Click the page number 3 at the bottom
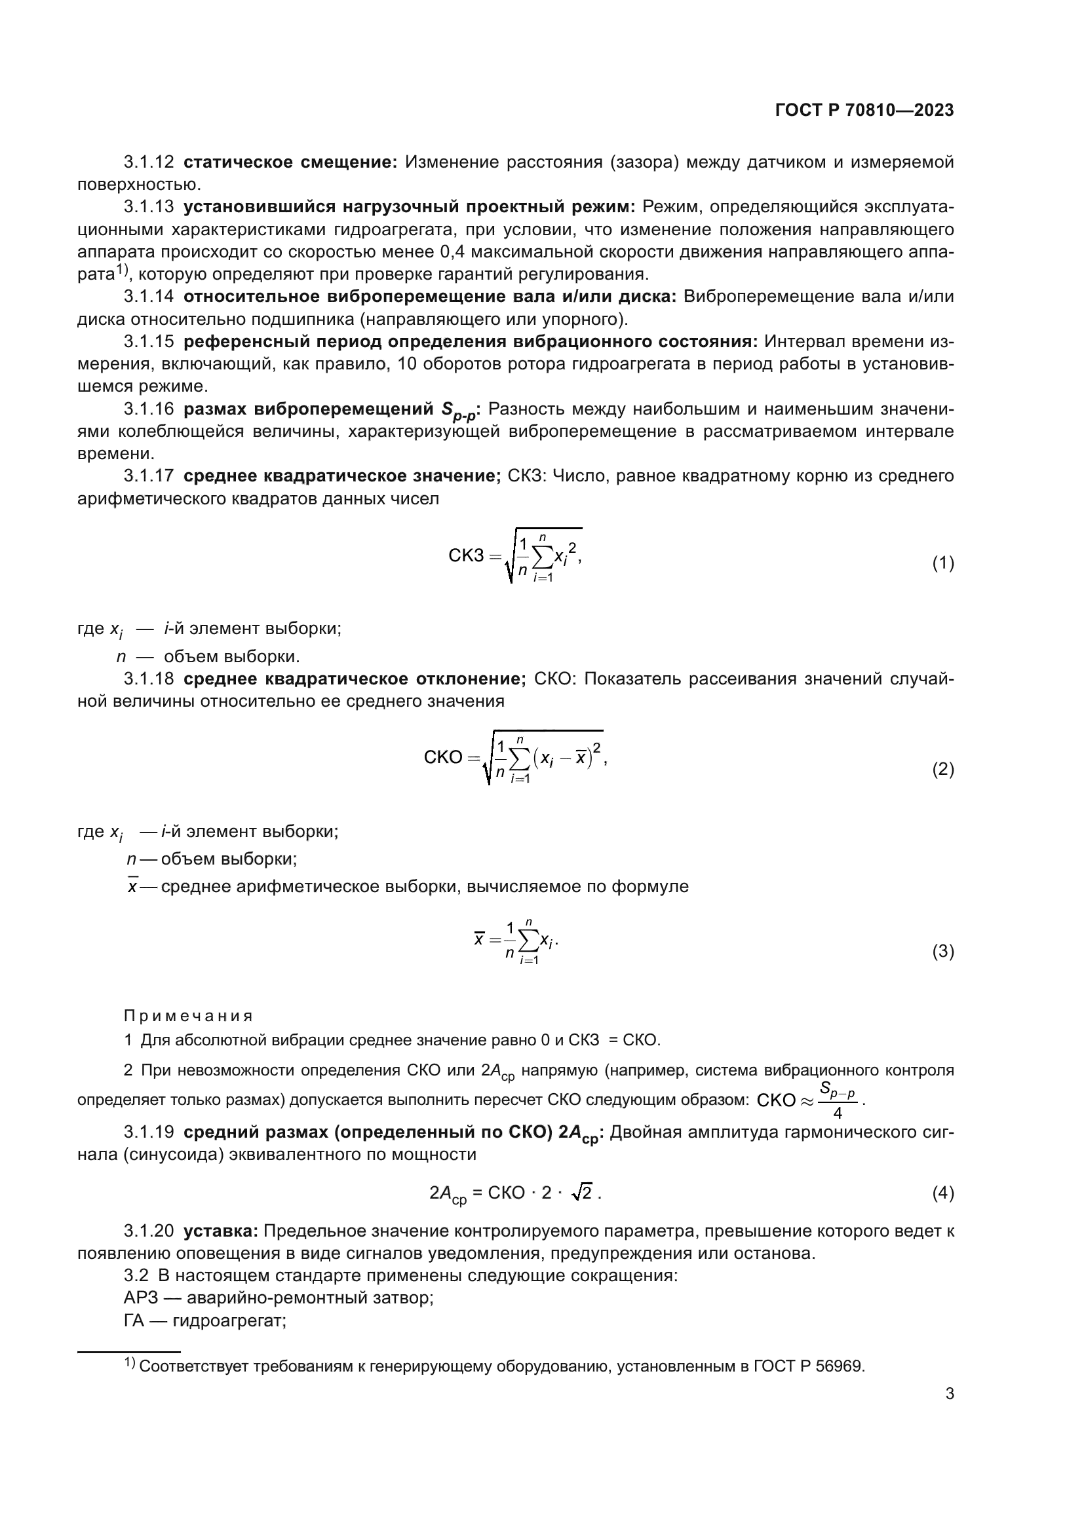pos(949,1393)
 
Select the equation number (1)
pos(942,564)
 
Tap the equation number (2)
pos(942,770)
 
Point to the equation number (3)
pos(942,951)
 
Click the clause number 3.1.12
pos(149,162)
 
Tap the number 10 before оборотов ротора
pos(407,364)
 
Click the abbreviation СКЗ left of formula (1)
pos(465,555)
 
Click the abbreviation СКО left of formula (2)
pos(442,758)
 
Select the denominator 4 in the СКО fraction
pos(837,1113)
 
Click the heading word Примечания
pos(188,1017)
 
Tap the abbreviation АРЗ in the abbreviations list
pos(139,1298)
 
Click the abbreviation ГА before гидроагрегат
pos(134,1320)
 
